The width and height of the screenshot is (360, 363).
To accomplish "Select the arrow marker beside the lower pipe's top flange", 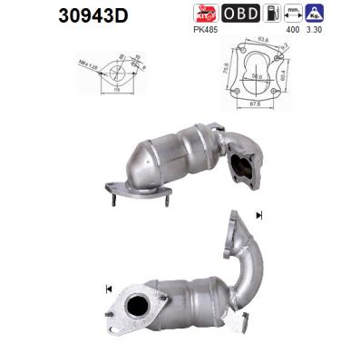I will pyautogui.click(x=260, y=215).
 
